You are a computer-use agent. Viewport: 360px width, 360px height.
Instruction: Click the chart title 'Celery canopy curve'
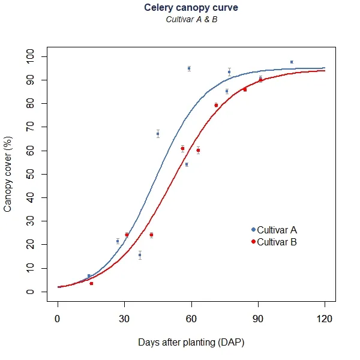190,8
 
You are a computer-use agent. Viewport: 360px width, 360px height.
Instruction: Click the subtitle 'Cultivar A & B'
190,19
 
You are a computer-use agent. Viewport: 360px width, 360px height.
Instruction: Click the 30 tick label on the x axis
124,319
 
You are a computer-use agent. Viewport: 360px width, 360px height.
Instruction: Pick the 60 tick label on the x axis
191,319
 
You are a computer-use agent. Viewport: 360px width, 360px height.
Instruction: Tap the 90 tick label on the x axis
258,319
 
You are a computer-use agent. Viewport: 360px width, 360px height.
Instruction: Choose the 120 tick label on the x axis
325,319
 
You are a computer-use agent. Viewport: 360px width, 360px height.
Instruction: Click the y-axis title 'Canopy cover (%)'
8,174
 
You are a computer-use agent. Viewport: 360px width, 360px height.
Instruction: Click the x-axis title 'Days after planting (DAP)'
191,342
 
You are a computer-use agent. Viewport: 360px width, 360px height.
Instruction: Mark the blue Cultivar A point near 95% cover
189,68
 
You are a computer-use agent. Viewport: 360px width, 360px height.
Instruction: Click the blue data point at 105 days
292,62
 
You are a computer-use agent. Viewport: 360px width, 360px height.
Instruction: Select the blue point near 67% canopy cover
158,134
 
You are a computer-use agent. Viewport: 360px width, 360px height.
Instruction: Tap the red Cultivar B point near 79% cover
216,105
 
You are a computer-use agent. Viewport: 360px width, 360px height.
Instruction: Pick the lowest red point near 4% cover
91,283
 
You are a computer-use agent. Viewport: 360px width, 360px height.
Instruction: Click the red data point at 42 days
151,235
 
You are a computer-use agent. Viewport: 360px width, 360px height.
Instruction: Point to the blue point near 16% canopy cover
140,255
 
